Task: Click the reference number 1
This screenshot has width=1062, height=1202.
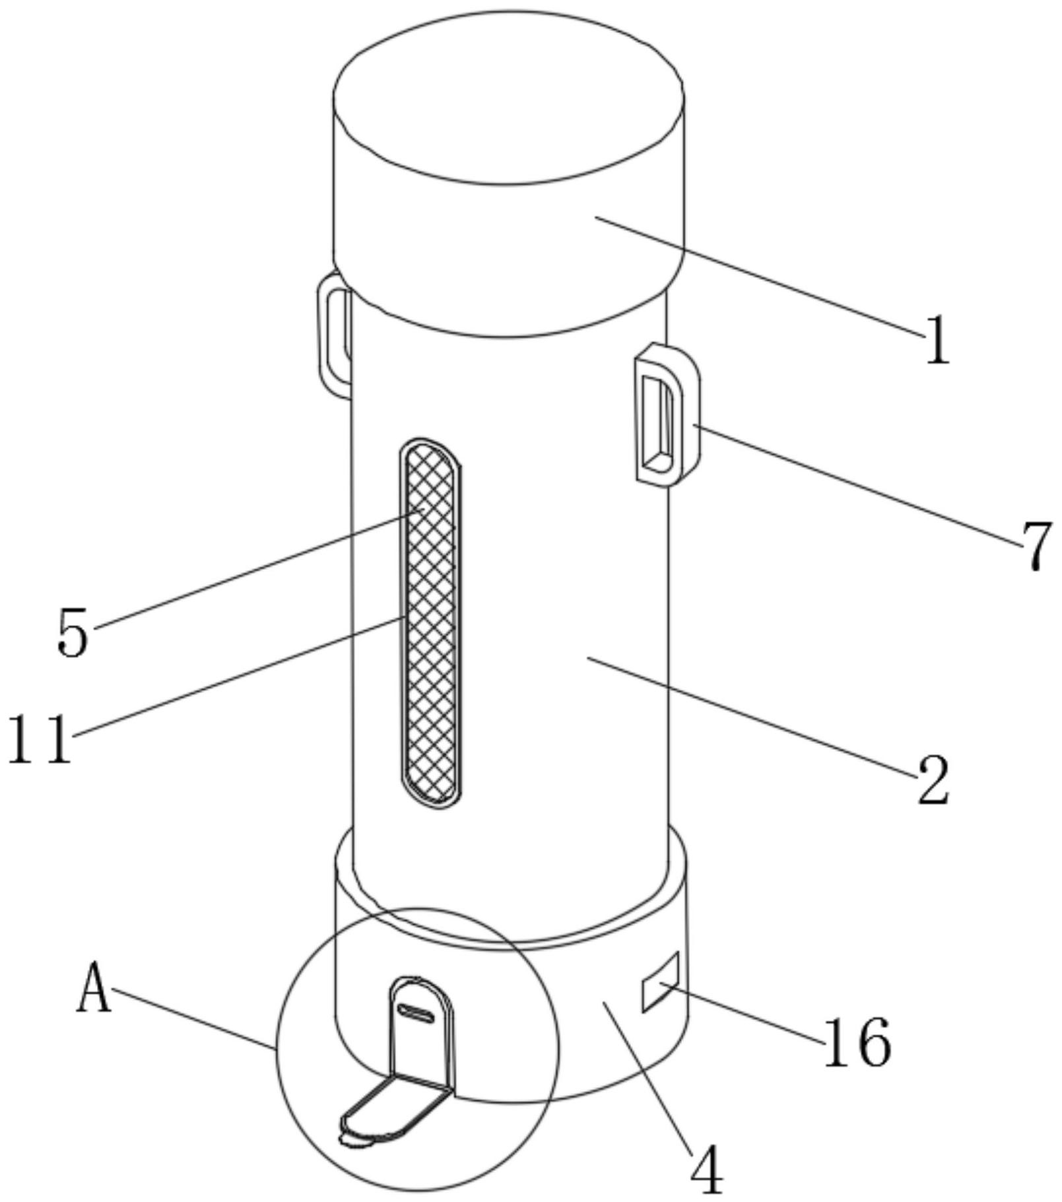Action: pos(937,339)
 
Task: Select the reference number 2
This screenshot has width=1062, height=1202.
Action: pos(933,780)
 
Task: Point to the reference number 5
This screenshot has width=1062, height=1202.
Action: pos(73,632)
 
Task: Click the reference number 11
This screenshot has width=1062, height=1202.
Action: pos(40,739)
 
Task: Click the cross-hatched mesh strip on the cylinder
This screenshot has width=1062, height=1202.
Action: pos(430,622)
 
